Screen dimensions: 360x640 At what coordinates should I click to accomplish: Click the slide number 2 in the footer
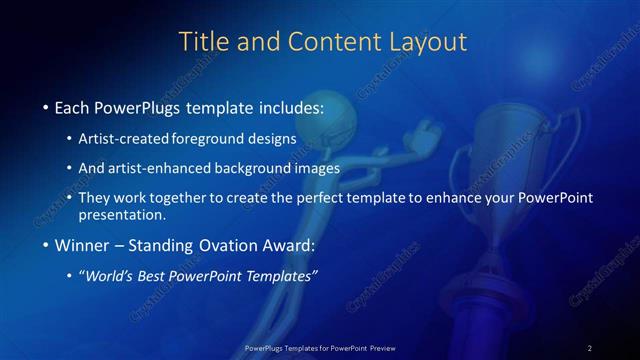pyautogui.click(x=590, y=347)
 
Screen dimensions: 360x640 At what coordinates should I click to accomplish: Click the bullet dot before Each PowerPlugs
pyautogui.click(x=45, y=107)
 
